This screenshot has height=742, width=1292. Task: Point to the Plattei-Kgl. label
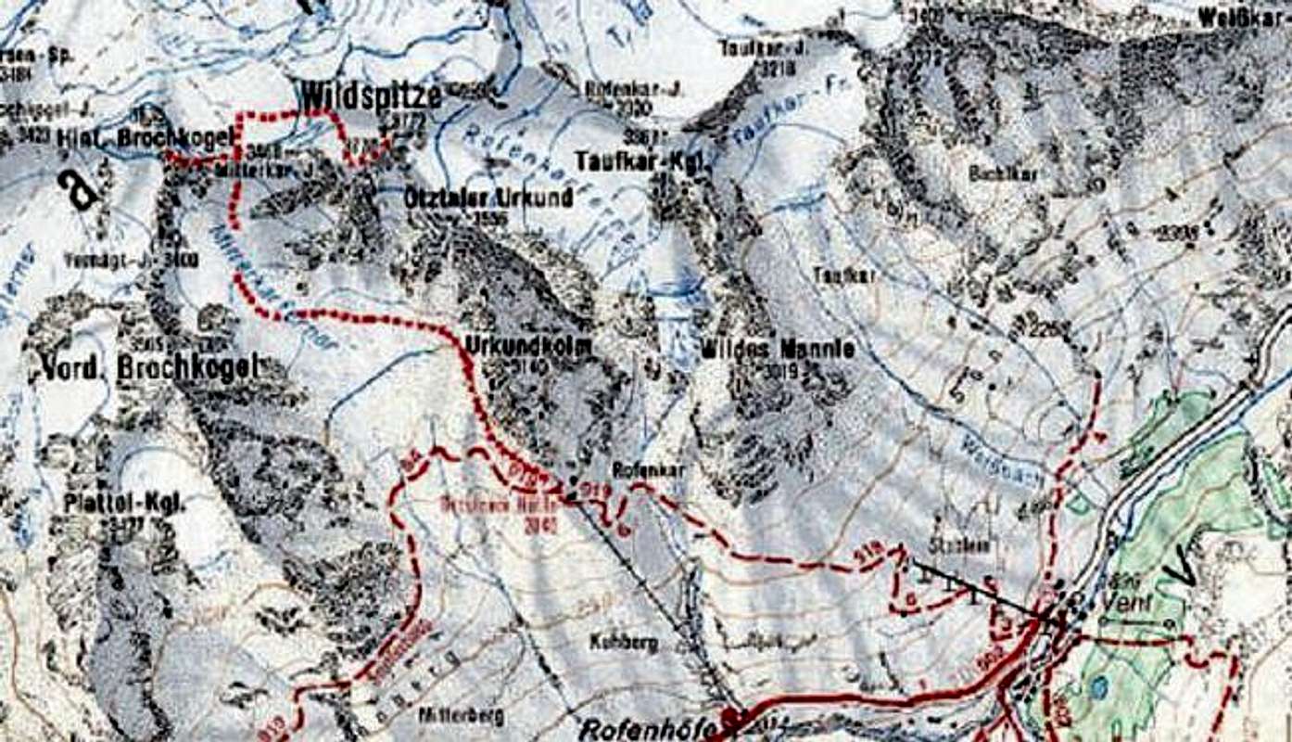click(x=125, y=504)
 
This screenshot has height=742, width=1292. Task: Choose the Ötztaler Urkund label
click(x=488, y=198)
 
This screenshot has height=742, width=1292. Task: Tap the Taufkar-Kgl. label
click(x=640, y=160)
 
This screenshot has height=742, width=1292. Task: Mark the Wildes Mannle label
click(x=777, y=350)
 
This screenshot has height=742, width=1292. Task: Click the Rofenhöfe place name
click(x=649, y=730)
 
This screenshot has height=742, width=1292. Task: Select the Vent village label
click(x=1124, y=601)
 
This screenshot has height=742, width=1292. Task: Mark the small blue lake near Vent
click(x=1098, y=686)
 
